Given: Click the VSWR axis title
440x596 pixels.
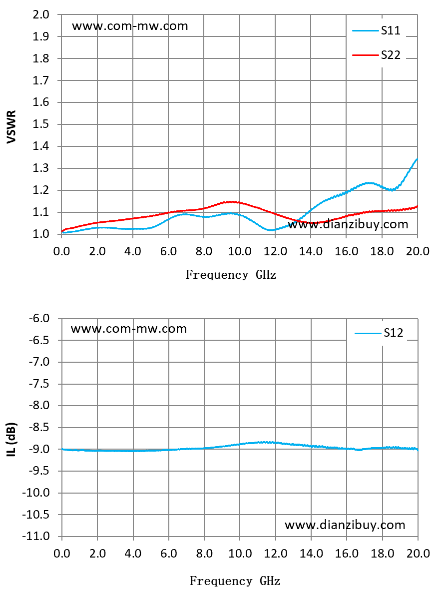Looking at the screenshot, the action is (x=12, y=126).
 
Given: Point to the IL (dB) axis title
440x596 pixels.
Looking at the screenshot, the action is (x=12, y=439).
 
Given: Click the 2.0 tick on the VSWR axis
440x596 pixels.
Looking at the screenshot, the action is (x=41, y=14).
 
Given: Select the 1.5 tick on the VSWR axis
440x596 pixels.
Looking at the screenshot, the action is (x=41, y=124).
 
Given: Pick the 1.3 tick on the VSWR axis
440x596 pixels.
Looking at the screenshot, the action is (x=41, y=168).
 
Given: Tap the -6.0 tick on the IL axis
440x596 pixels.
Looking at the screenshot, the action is (x=39, y=318).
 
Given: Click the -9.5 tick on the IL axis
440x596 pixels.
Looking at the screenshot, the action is (x=39, y=471).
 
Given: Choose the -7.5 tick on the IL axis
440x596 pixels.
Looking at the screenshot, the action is (x=39, y=384).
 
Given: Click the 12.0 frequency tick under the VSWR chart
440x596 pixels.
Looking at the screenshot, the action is (x=275, y=251).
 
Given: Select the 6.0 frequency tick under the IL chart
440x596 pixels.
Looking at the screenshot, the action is (x=169, y=554).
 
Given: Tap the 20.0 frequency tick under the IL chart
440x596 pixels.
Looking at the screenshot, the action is (x=418, y=554).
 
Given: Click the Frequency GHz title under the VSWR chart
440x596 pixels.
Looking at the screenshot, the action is (x=231, y=275).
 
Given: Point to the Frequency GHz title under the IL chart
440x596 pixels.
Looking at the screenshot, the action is (x=235, y=581).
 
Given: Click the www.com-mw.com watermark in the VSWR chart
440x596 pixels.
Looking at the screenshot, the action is (x=130, y=26).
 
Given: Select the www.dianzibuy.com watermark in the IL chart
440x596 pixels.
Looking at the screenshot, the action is (x=345, y=525).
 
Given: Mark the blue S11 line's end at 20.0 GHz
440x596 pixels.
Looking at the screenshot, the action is (x=418, y=159).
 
